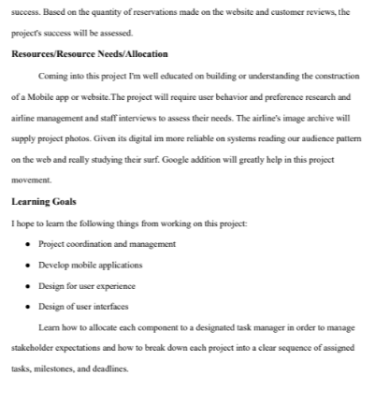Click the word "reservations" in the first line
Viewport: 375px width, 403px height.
click(x=139, y=12)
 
